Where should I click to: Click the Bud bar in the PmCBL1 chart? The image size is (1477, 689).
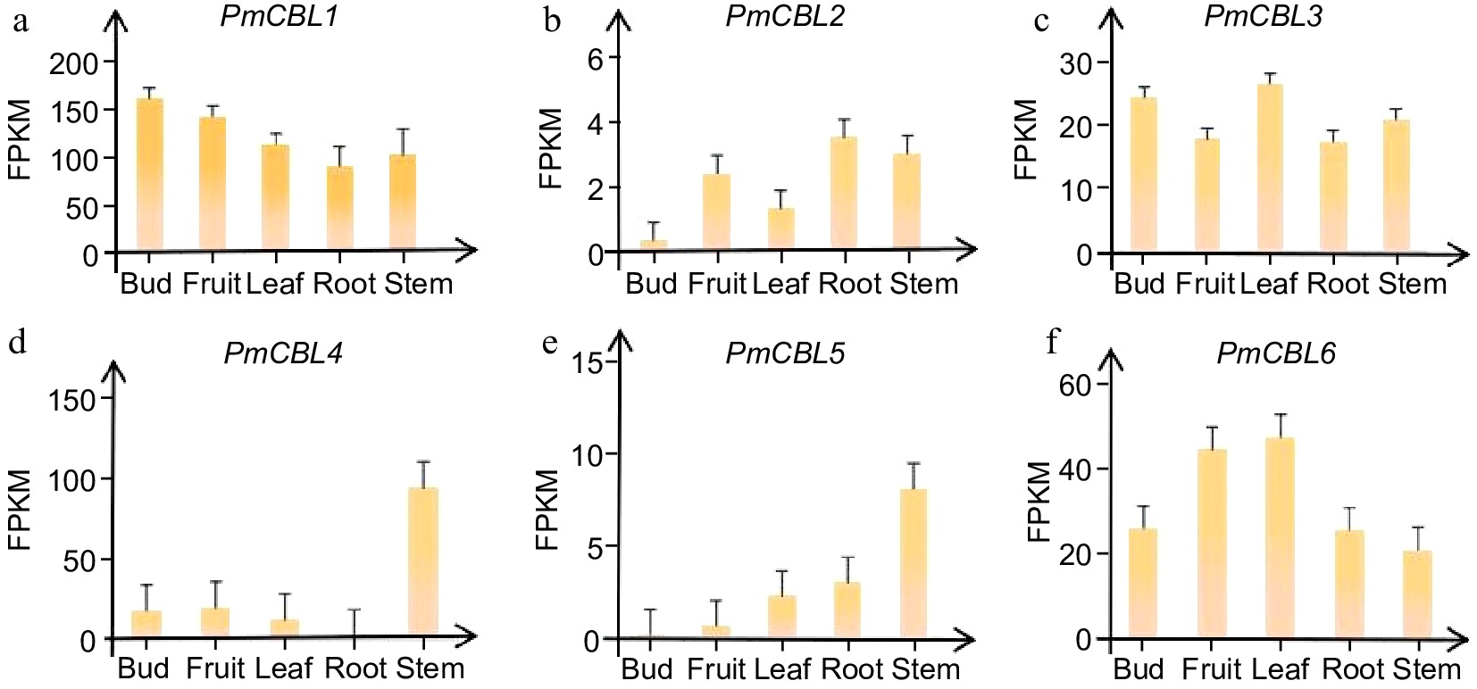click(149, 174)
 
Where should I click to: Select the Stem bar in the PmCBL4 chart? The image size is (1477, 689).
click(422, 562)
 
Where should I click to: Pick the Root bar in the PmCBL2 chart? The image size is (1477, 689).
click(844, 193)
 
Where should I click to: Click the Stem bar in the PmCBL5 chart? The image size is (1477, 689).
click(913, 563)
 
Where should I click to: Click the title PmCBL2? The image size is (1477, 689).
click(784, 16)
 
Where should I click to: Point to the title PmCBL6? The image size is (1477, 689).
click(1275, 353)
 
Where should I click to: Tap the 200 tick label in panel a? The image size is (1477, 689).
click(75, 63)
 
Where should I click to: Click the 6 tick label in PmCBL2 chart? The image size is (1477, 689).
click(597, 59)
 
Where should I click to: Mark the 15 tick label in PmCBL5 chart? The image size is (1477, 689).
click(589, 362)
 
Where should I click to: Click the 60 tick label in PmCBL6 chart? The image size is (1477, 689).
click(1075, 386)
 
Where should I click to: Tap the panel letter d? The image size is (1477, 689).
click(17, 342)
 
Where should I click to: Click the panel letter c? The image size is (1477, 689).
click(1041, 20)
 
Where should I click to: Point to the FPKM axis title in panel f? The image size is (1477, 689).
click(1038, 502)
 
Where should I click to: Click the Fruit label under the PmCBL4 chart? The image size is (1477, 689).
click(214, 668)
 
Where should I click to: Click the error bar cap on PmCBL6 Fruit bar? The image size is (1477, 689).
click(1212, 428)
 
